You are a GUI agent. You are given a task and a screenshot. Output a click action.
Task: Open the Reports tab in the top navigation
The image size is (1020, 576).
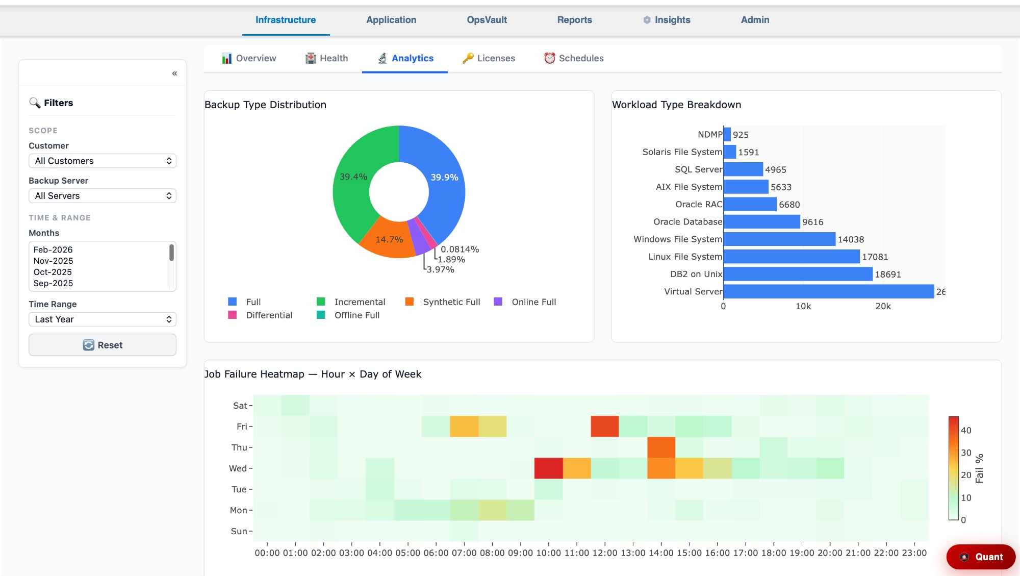pos(574,20)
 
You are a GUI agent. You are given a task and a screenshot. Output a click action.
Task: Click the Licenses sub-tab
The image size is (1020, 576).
pos(489,58)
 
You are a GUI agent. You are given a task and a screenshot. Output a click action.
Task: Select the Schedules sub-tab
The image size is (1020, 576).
pos(574,58)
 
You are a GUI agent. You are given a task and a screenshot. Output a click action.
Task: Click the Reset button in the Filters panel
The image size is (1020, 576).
pos(103,345)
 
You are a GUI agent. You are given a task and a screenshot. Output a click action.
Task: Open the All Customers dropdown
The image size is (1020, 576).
pos(103,161)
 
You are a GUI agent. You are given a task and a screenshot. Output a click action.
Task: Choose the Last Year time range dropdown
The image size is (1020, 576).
pos(103,319)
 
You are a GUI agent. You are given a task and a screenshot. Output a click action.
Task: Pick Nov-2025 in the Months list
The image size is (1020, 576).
pos(53,261)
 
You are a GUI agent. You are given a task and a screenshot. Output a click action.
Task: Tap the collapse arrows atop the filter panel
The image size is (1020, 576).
pos(174,73)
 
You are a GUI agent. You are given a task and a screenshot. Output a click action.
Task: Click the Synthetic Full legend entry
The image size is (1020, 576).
pos(451,302)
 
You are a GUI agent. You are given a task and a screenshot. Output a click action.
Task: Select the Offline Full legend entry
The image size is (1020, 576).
pos(356,315)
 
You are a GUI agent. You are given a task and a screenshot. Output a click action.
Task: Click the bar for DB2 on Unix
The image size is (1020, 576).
pos(798,274)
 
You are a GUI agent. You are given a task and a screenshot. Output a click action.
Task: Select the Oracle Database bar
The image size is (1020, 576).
pos(761,221)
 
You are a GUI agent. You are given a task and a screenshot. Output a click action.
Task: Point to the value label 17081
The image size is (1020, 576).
pos(875,257)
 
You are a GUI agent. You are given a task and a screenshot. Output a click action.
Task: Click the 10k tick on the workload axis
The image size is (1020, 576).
pos(803,306)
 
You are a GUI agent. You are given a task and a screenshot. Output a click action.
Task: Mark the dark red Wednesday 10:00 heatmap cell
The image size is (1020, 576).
pos(549,468)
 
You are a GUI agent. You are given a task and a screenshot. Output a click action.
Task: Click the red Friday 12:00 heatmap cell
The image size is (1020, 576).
pos(605,427)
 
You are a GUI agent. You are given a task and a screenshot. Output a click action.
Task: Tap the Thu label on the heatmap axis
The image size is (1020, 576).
pos(239,447)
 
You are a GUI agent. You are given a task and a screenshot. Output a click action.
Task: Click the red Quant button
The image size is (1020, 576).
pos(981,557)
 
